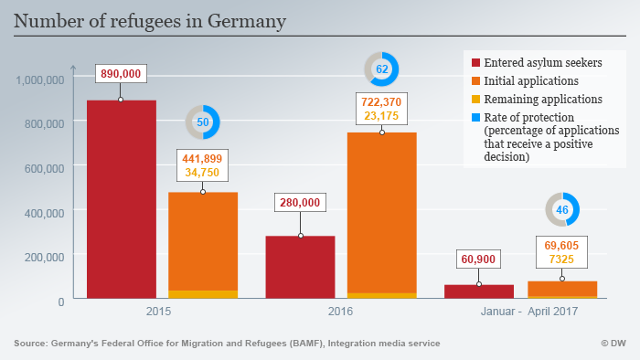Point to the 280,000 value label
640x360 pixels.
tap(300, 202)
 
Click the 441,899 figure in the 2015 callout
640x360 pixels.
tap(202, 157)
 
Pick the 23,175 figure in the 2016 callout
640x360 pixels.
tap(382, 116)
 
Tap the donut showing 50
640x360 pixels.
tap(202, 122)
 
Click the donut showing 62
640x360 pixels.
tap(381, 69)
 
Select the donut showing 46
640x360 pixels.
tap(562, 209)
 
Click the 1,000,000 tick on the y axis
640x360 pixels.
tap(39, 79)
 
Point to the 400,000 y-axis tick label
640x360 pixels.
tap(43, 212)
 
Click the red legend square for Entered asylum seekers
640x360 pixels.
tap(475, 63)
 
